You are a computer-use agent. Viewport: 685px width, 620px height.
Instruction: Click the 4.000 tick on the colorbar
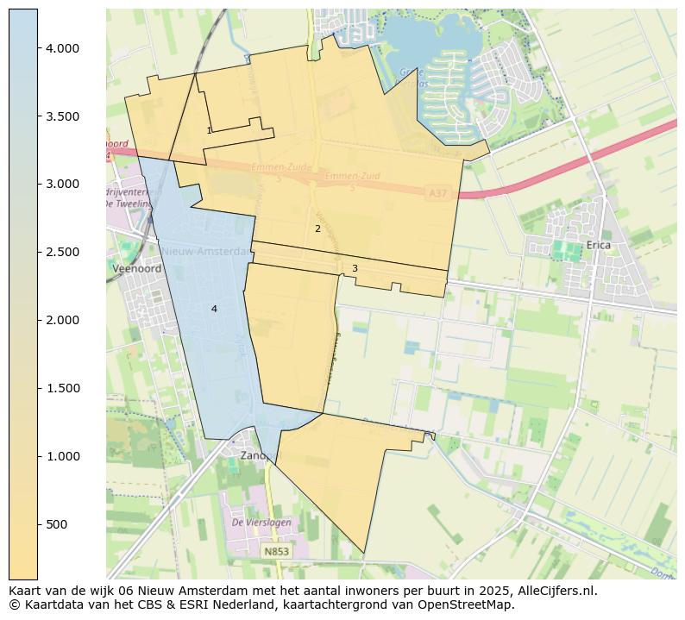tap(62, 48)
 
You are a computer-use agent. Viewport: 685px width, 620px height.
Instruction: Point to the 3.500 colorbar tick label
tap(62, 116)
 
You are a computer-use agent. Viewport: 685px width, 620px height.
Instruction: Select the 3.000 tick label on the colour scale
tap(62, 184)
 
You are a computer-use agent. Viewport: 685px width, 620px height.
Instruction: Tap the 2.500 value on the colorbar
tap(62, 252)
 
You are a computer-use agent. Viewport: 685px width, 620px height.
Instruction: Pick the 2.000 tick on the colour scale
tap(62, 320)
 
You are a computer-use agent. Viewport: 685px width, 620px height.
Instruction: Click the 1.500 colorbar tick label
tap(62, 388)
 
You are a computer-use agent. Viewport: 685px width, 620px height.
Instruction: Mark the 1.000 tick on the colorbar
tap(62, 456)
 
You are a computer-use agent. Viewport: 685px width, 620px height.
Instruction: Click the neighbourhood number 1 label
tap(209, 131)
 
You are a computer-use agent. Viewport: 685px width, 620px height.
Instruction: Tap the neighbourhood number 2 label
tap(317, 229)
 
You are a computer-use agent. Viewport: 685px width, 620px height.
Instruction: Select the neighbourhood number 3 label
tap(355, 269)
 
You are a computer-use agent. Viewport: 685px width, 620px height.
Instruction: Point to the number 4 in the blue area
tap(214, 309)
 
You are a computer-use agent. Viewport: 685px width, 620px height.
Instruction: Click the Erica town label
tap(598, 245)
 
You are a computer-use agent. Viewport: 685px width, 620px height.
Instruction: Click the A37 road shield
tap(438, 195)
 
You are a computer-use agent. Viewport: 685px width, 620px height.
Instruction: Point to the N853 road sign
tap(276, 551)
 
